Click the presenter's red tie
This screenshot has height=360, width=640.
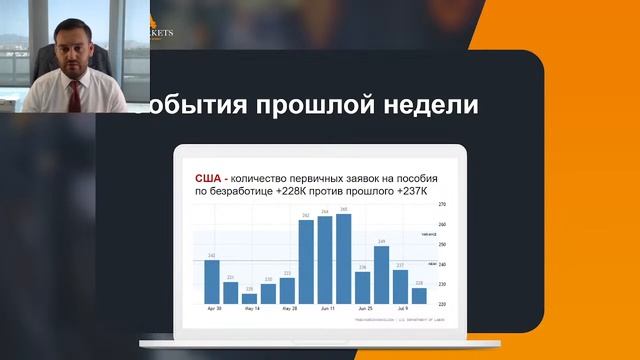(73, 94)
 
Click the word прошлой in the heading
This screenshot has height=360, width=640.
(329, 105)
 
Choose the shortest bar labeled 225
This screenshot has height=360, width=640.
(250, 298)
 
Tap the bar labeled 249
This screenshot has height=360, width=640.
(381, 274)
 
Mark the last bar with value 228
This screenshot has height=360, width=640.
(419, 295)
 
